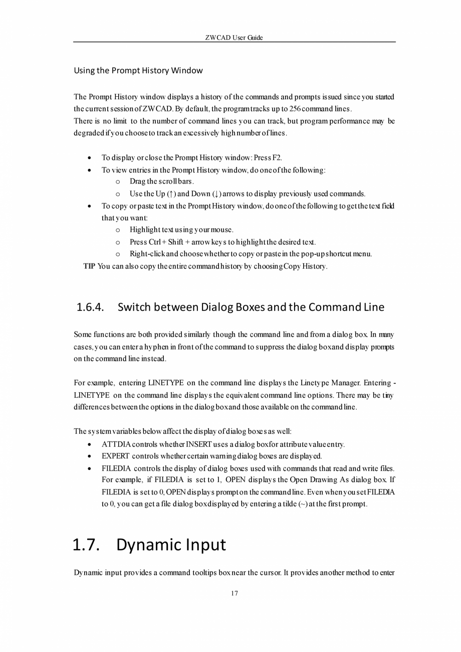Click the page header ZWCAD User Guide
[x=234, y=38]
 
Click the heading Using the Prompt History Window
[x=138, y=71]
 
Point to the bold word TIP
[x=89, y=266]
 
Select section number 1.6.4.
[x=91, y=307]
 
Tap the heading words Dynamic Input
[x=171, y=545]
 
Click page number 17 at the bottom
[x=234, y=594]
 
